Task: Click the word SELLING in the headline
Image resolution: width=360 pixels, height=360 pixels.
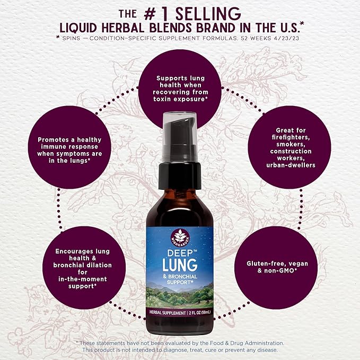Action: (208, 14)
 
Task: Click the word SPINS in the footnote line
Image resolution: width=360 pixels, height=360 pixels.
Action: (71, 38)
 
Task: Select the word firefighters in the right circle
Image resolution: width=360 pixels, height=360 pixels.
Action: (291, 137)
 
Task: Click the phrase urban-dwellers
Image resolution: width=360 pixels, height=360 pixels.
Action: (291, 165)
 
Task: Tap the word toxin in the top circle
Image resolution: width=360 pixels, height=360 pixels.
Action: (162, 99)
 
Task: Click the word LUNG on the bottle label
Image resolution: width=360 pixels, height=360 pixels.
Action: (180, 265)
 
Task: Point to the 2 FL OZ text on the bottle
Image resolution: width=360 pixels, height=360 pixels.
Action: (195, 312)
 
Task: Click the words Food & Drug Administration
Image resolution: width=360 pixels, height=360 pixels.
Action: (247, 343)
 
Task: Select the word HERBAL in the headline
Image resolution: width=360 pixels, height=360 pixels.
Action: (123, 28)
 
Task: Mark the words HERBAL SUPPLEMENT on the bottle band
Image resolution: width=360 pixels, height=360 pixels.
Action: (168, 313)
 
